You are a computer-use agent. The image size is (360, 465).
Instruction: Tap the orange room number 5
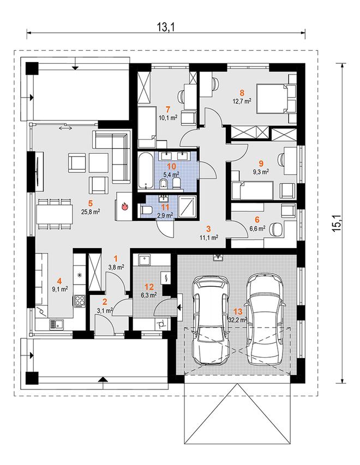pyautogui.click(x=91, y=203)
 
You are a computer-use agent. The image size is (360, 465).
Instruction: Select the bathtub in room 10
pyautogui.click(x=146, y=171)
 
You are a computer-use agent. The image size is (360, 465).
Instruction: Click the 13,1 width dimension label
pyautogui.click(x=166, y=27)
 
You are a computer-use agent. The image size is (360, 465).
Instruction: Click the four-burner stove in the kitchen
pyautogui.click(x=80, y=300)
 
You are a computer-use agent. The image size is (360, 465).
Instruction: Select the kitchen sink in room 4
pyautogui.click(x=56, y=324)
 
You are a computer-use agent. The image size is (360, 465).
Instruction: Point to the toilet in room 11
pyautogui.click(x=146, y=210)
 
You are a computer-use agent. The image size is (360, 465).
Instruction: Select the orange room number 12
pyautogui.click(x=149, y=287)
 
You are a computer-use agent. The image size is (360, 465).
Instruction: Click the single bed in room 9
pyautogui.click(x=253, y=191)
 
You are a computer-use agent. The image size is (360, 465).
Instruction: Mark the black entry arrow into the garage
pyautogui.click(x=179, y=307)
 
